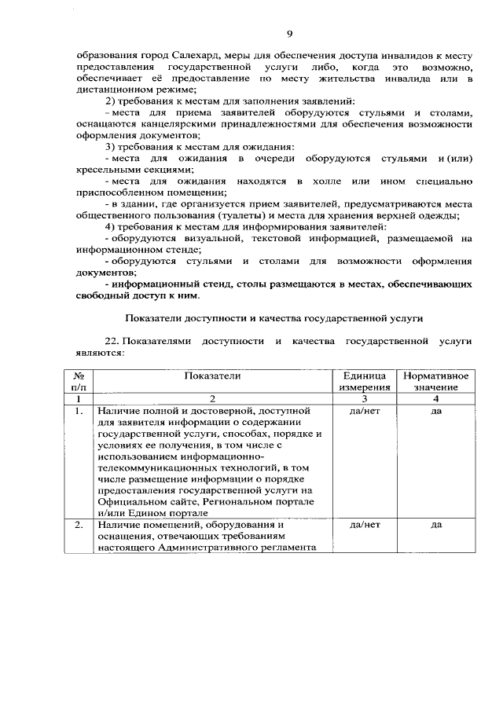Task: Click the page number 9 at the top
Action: (x=289, y=33)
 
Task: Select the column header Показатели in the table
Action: (x=211, y=376)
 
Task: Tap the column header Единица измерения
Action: (x=364, y=382)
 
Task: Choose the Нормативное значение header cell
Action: (x=436, y=382)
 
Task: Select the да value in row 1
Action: (x=436, y=411)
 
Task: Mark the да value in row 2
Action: (x=436, y=524)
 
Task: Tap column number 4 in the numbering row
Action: (x=436, y=399)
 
